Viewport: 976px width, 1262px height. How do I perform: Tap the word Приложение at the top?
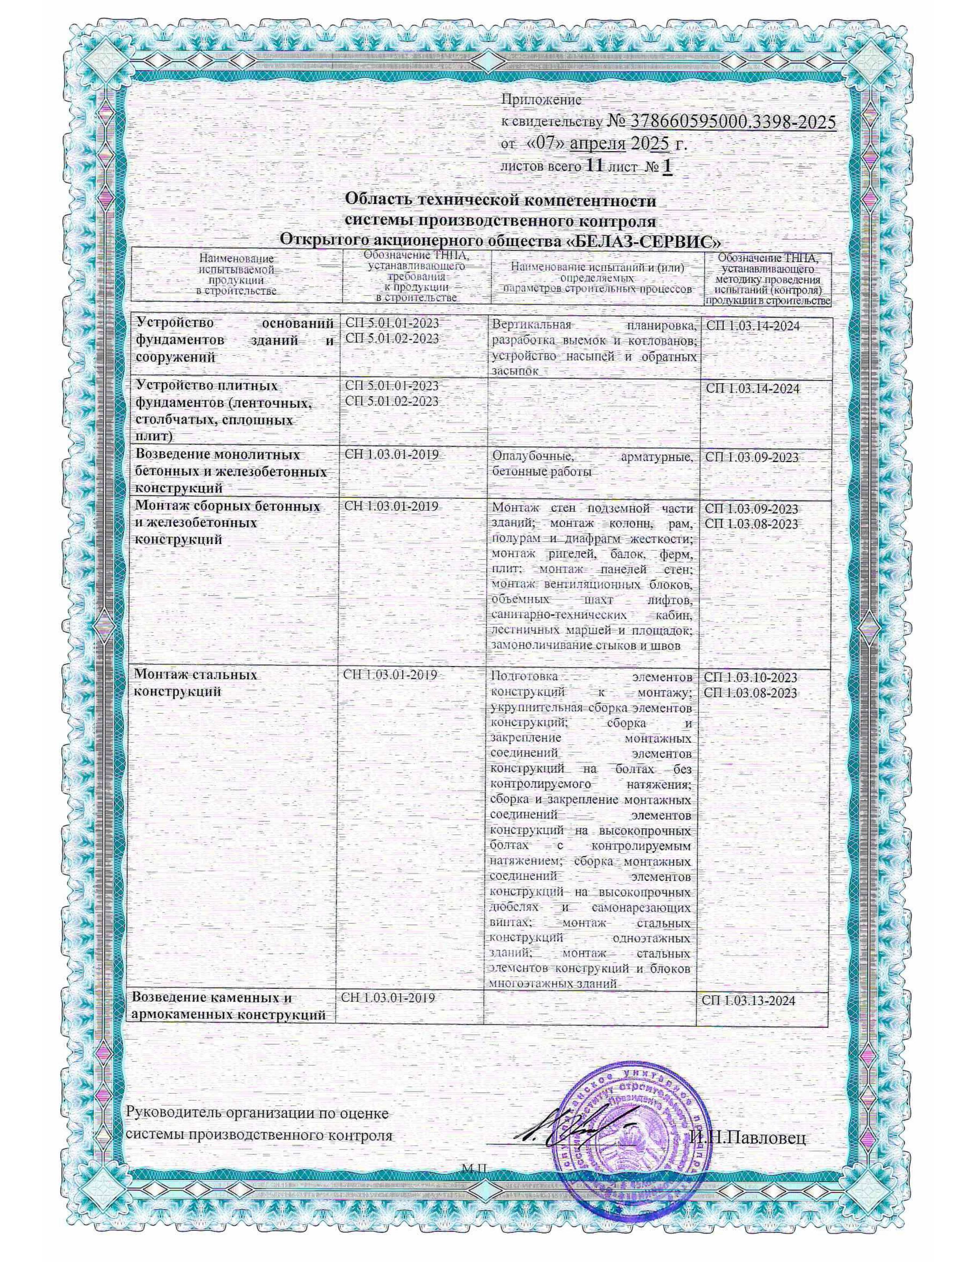(540, 99)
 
